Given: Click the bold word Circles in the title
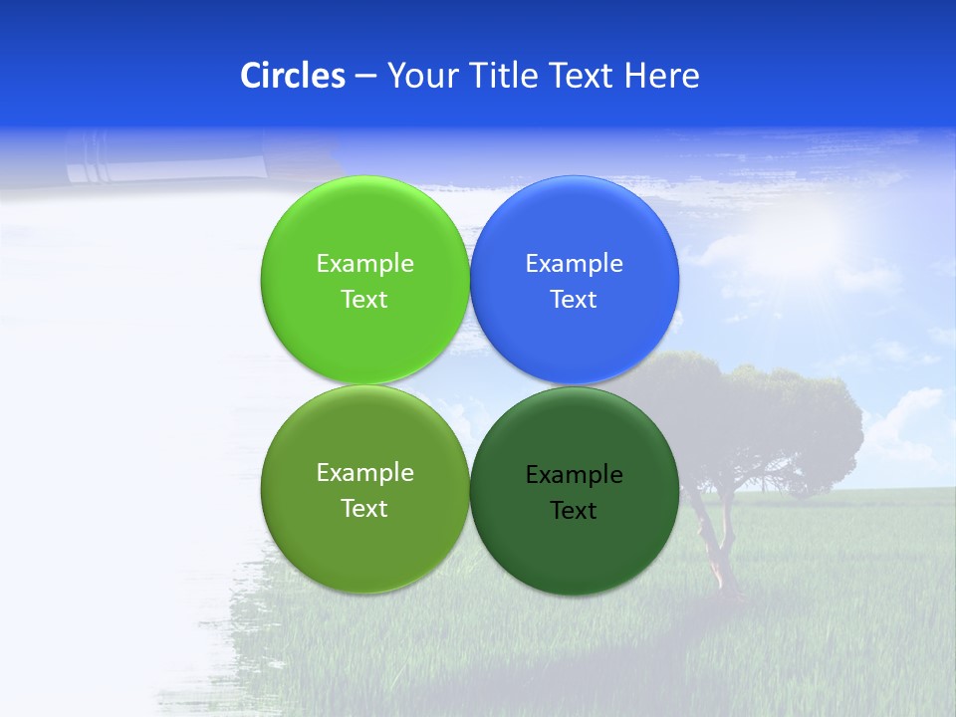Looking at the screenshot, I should point(293,76).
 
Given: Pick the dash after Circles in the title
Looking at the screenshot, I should point(364,77).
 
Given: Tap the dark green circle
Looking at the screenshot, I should point(575,553).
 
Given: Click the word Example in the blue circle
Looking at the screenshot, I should point(575,263).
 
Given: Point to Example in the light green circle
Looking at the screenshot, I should point(364,263).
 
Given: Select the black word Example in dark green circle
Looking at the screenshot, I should point(575,474).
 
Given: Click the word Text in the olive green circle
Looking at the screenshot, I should point(364,508).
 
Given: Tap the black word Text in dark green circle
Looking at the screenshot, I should point(574,510).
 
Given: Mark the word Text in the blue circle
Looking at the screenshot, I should point(574,299).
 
